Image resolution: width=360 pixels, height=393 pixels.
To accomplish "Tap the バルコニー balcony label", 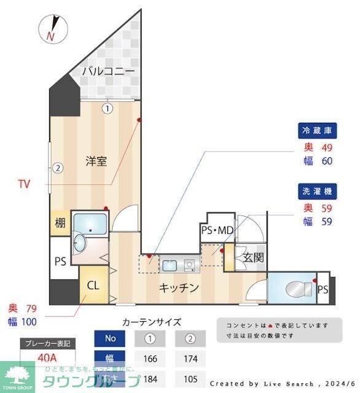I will click(108, 72).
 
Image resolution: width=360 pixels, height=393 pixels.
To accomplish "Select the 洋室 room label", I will click(96, 161).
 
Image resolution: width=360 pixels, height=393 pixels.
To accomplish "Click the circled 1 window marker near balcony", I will click(108, 109).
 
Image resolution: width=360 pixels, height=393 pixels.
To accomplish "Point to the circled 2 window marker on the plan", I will click(57, 167).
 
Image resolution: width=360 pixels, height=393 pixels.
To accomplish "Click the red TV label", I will click(24, 184).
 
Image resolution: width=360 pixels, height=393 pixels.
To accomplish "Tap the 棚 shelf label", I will click(60, 224).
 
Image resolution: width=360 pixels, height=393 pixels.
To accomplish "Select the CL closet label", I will click(93, 286).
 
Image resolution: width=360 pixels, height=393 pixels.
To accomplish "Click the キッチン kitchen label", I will click(179, 287).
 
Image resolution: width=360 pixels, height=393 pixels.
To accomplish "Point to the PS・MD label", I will click(217, 231).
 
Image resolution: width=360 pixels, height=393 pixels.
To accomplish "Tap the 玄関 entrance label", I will click(253, 258).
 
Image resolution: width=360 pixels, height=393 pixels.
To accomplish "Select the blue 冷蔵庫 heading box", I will click(317, 130).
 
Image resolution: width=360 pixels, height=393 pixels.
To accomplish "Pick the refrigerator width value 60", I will click(327, 161).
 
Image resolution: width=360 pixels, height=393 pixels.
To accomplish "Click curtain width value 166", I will click(150, 359).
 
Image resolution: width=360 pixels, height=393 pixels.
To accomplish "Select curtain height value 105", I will click(191, 379).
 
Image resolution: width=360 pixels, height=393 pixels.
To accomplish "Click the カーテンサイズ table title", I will click(152, 322).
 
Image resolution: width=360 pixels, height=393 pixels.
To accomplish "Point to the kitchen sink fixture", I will click(170, 265).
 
